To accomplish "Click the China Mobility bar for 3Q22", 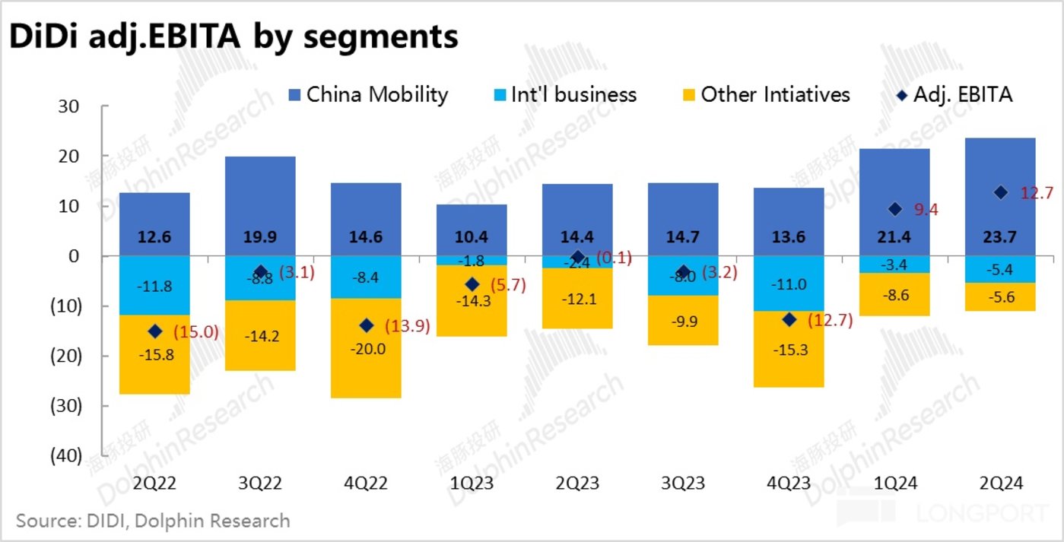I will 260,198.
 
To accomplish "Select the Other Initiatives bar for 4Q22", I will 366,357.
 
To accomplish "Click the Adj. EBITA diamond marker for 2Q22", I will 155,331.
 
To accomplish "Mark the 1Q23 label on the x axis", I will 472,483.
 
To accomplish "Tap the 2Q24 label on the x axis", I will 1000,483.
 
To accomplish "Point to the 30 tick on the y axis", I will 68,106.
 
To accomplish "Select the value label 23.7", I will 1000,236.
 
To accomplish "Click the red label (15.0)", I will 196,332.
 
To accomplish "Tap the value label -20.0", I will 366,349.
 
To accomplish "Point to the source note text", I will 153,521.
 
